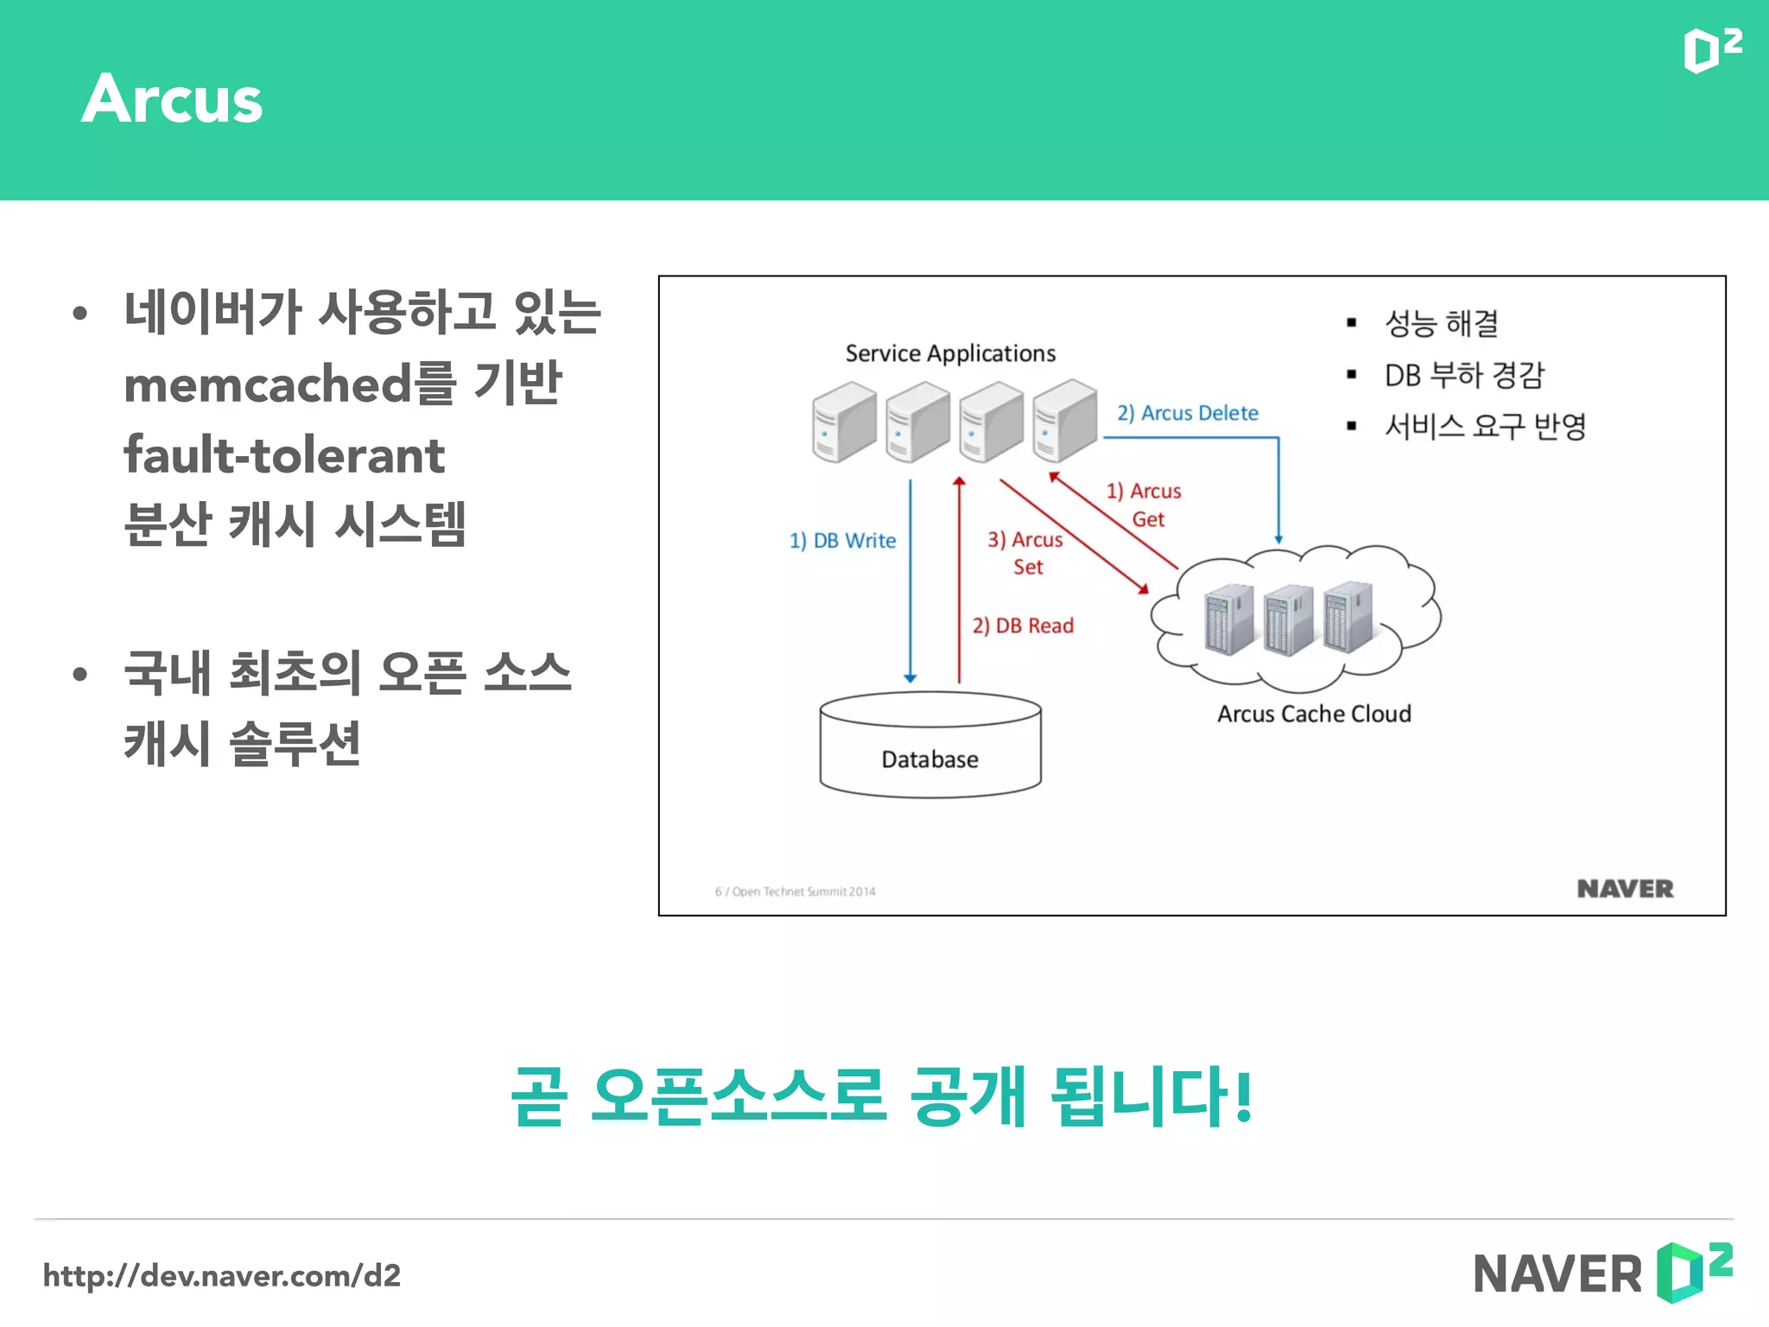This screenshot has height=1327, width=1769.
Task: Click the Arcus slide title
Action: coord(172,99)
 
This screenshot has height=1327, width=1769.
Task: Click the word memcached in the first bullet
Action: coord(268,384)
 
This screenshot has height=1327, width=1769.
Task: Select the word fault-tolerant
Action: coord(284,455)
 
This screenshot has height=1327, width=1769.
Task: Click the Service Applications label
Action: coord(950,353)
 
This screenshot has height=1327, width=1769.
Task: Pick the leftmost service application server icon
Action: coord(843,422)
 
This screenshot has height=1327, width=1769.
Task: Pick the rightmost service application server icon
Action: coord(1064,420)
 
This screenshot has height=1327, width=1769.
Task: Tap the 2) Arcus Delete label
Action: coord(1188,413)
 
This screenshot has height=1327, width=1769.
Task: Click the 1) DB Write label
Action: coord(842,541)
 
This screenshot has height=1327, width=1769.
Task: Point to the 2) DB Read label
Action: coord(1023,625)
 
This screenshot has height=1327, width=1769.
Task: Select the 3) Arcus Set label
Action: coord(1026,553)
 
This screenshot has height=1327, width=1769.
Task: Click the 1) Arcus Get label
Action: coord(1144,505)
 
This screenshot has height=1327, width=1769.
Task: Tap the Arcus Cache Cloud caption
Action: coord(1314,714)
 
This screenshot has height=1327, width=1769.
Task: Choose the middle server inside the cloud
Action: coord(1288,619)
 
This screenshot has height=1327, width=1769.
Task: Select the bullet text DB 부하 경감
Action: coord(1464,375)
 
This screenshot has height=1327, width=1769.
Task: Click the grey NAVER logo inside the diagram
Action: coord(1625,888)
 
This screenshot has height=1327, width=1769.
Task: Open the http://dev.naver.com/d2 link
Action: coord(222,1275)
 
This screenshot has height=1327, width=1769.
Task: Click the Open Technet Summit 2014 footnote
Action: coord(796,892)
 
